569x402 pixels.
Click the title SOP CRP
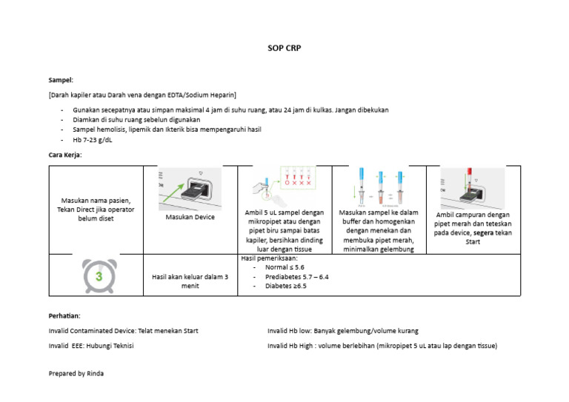[x=284, y=48]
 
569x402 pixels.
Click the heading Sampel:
[x=61, y=79]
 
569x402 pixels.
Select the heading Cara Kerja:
[x=65, y=155]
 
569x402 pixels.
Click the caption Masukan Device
[x=190, y=217]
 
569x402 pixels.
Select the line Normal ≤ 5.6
[x=284, y=267]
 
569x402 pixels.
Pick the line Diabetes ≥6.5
[x=285, y=286]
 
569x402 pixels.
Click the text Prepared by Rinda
[x=76, y=374]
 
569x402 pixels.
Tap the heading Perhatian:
[x=64, y=316]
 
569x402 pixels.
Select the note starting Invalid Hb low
[x=342, y=331]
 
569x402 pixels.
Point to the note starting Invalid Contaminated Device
[x=123, y=331]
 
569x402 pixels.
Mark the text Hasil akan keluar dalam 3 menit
[x=190, y=281]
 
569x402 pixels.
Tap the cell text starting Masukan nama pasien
[x=96, y=210]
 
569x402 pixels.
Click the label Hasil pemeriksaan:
[x=270, y=258]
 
